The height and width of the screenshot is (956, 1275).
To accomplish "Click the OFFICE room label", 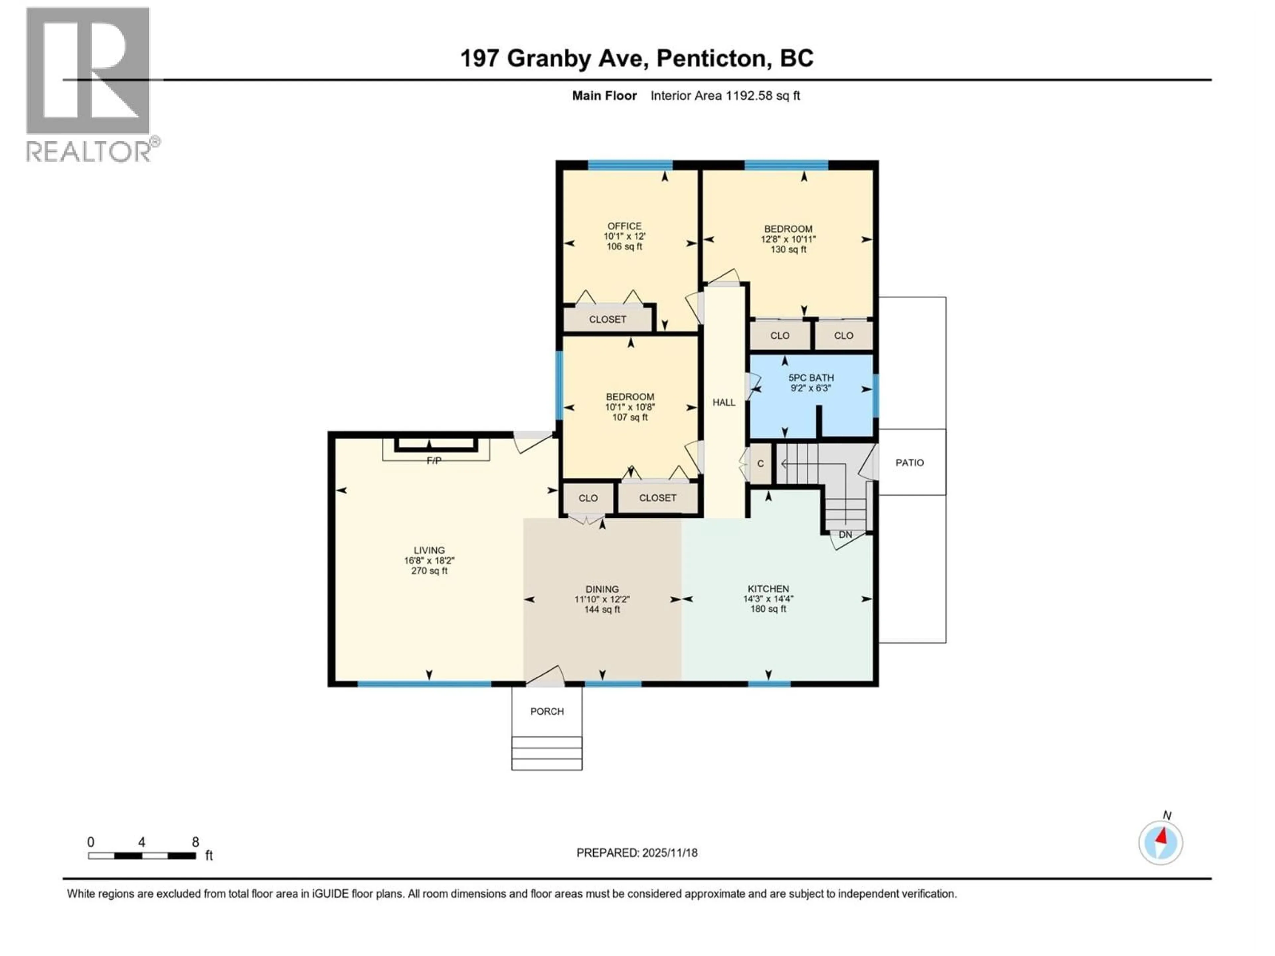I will point(624,226).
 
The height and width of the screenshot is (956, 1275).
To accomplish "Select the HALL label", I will point(723,403).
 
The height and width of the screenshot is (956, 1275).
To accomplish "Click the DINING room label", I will point(602,589).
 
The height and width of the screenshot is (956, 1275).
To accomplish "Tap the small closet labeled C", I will point(760,464).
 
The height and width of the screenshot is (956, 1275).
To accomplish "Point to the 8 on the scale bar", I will point(195,842).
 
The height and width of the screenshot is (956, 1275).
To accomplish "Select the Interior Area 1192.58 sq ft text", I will point(725,96).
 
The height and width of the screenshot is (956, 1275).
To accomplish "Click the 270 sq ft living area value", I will point(429,571).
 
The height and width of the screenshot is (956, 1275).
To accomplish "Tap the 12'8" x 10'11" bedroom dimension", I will point(788,239).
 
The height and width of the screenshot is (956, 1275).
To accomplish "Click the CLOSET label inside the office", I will point(608,319).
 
